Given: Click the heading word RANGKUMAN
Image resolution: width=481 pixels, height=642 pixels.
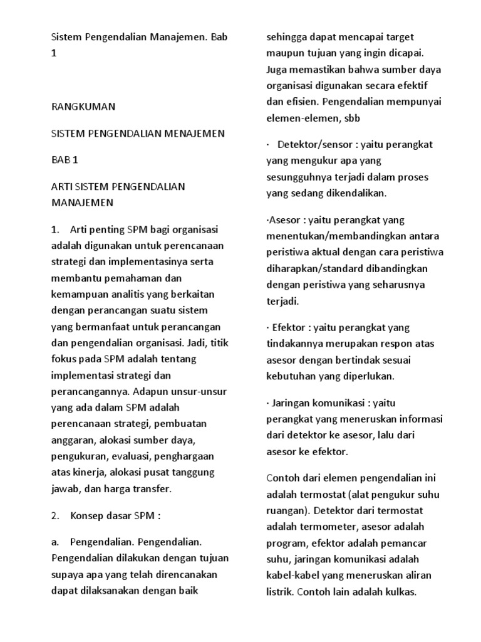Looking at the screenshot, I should coord(83,107).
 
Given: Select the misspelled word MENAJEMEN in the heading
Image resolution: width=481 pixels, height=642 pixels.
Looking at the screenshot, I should coord(194,134).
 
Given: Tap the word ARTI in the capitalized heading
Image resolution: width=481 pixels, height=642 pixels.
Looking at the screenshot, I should coord(61,186).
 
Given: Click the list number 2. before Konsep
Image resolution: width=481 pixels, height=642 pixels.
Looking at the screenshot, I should coord(55,516).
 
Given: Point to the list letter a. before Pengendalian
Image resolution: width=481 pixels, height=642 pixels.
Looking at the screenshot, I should coord(56,542).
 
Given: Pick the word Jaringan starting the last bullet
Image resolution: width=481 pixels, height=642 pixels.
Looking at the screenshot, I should coord(292,402).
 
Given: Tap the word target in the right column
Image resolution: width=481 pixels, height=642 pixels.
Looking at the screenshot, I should coord(395,37).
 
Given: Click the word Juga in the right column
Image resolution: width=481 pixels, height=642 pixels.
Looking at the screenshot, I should coord(277,69).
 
